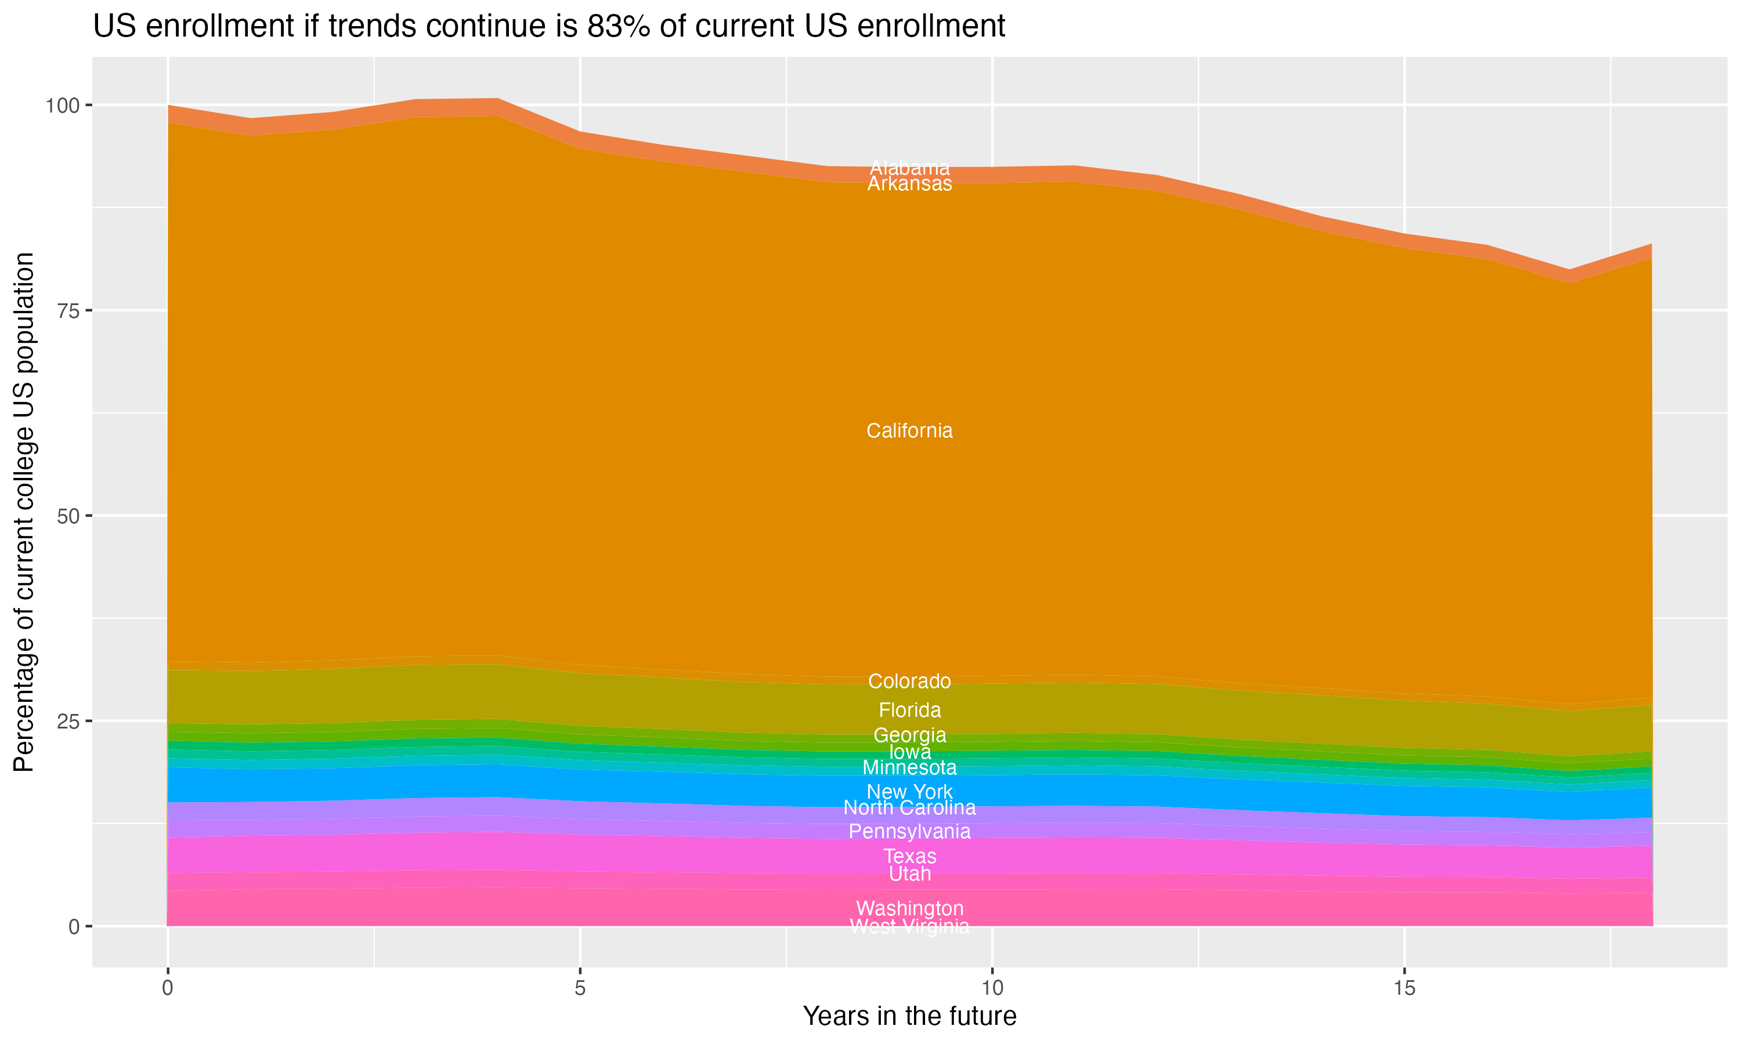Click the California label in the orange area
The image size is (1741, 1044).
point(909,430)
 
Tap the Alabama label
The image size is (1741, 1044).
point(909,168)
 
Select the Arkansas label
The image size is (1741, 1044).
point(909,184)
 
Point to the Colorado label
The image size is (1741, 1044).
point(909,681)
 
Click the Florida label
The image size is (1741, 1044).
point(909,710)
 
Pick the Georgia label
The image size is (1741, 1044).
point(909,735)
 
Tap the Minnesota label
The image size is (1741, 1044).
point(909,767)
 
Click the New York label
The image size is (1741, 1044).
point(909,792)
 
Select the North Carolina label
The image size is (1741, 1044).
point(909,807)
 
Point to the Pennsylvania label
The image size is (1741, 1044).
point(909,832)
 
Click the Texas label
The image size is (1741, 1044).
point(909,856)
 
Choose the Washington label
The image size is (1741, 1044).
point(909,908)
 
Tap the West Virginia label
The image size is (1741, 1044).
point(909,926)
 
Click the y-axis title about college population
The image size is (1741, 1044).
point(24,512)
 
